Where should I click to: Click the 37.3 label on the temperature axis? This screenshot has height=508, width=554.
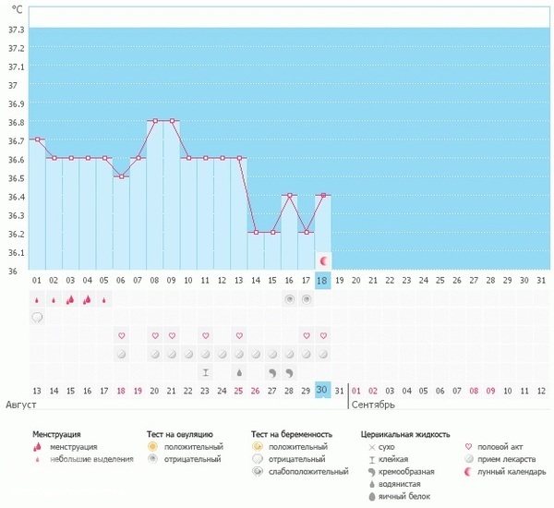(15, 30)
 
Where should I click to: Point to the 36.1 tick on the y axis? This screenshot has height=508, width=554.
(15, 252)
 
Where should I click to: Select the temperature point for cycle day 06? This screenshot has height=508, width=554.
(121, 176)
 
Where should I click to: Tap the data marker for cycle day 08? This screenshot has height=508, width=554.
(155, 121)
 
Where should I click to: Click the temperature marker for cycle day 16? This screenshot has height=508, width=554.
(290, 195)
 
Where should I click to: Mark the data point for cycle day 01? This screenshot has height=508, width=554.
(37, 139)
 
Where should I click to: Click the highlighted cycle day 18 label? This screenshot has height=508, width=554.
(322, 280)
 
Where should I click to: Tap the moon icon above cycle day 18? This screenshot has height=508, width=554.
(322, 261)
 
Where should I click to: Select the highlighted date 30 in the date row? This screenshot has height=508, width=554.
(322, 391)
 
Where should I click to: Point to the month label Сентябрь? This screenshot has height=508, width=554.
(374, 405)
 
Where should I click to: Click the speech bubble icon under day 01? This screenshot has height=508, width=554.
(37, 317)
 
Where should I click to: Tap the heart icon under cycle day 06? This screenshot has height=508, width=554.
(121, 335)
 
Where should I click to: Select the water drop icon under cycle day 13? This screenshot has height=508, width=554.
(239, 372)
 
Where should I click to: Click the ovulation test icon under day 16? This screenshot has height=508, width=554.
(290, 299)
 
